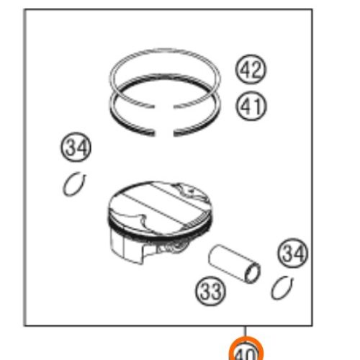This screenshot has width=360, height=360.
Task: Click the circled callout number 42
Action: click(251, 69)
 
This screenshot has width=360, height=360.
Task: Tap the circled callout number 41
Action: click(251, 107)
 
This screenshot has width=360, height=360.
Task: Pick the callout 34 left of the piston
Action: click(76, 149)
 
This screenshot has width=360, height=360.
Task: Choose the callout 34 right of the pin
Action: click(292, 253)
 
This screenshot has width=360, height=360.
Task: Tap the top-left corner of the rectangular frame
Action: click(26, 10)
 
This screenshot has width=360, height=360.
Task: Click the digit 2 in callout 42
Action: click(256, 69)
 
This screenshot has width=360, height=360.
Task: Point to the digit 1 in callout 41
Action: click(257, 107)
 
